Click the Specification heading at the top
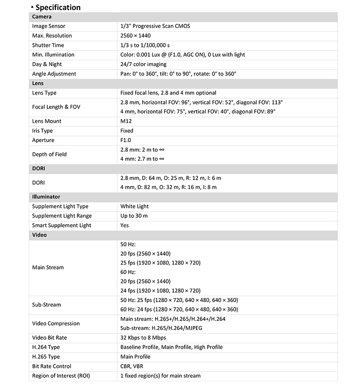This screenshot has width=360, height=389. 58,7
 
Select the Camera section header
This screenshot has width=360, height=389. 41,17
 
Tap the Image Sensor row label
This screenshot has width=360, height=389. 49,26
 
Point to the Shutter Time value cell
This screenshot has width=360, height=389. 145,45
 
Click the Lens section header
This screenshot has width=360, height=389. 38,83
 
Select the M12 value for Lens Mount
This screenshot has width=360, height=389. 126,121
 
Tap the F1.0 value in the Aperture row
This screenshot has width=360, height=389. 126,140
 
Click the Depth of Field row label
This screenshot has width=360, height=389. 49,154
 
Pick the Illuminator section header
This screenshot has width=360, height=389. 46,197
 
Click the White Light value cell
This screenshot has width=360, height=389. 135,206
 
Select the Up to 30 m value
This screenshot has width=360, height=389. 134,216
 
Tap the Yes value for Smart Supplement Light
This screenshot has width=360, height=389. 125,226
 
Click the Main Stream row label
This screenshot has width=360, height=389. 48,267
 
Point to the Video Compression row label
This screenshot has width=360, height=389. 56,323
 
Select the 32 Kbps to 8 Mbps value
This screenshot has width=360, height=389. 143,338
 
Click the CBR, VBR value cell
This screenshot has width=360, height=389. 131,366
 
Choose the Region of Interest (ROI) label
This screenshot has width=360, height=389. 61,375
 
